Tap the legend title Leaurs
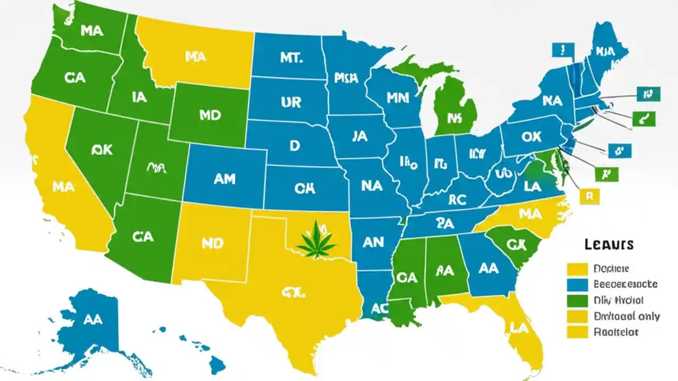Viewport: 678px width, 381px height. point(609,244)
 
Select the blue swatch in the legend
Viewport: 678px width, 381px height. point(577,285)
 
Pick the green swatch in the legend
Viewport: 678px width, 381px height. point(577,301)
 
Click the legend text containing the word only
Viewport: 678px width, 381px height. point(627,316)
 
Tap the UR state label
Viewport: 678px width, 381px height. point(291,102)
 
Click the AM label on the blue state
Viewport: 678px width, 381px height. point(224,179)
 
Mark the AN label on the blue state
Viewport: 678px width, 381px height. point(373,242)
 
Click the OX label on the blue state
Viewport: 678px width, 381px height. point(531,137)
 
